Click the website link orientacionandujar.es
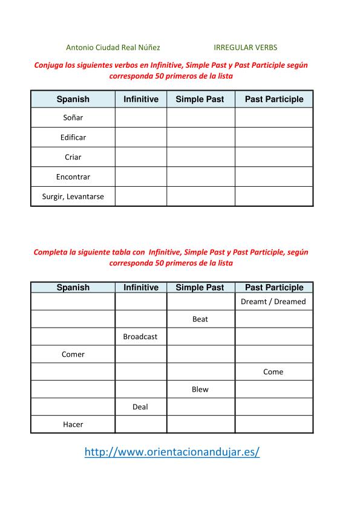tap(172, 452)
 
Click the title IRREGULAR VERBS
tap(246, 47)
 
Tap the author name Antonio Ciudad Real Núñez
tap(113, 47)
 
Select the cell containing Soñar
tap(73, 117)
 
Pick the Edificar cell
tap(73, 137)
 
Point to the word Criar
tap(73, 157)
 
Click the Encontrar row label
tap(73, 177)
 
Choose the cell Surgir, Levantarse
tap(73, 196)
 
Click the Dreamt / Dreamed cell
tap(273, 302)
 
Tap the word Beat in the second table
tap(200, 319)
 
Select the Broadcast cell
tap(140, 337)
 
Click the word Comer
tap(73, 354)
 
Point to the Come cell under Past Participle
tap(273, 372)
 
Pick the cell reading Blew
tap(200, 389)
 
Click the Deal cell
tap(140, 407)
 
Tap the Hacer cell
tap(73, 424)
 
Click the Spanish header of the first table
tap(73, 99)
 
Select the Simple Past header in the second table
tap(200, 288)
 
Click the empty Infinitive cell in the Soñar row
tap(140, 117)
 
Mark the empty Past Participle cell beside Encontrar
tap(273, 177)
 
